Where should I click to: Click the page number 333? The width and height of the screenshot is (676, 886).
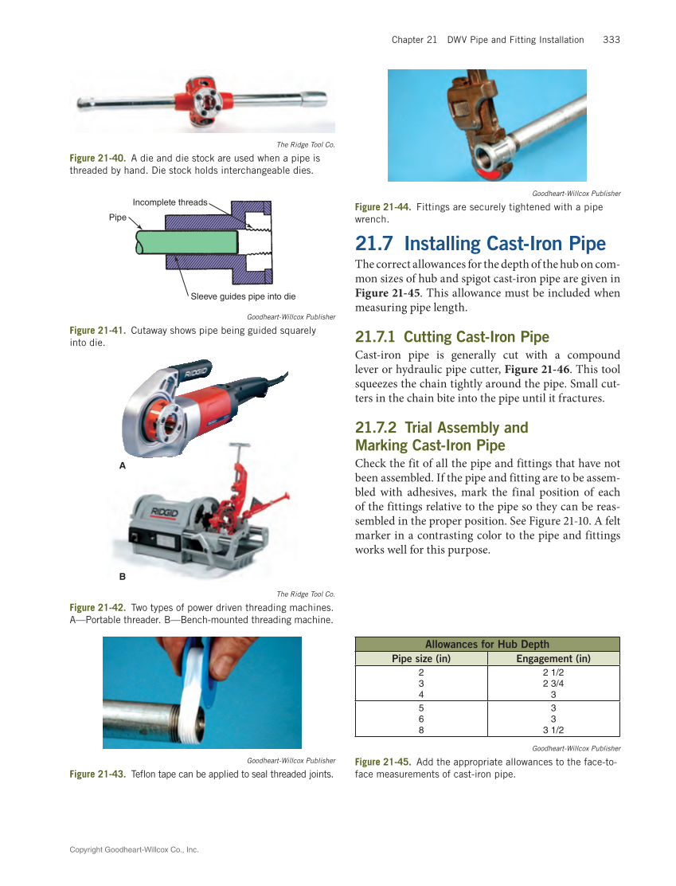click(x=612, y=40)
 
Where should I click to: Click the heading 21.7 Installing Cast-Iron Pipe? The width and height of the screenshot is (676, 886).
click(x=480, y=244)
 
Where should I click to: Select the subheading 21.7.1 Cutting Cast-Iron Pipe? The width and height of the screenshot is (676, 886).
click(x=452, y=336)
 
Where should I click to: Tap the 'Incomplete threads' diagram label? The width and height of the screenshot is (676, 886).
click(x=170, y=202)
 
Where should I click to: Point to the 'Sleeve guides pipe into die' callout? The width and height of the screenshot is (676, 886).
click(x=243, y=296)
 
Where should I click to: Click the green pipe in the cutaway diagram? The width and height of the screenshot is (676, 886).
click(x=191, y=242)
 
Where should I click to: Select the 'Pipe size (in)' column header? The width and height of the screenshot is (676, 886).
click(x=421, y=659)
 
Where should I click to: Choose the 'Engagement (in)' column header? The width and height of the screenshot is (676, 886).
click(x=553, y=659)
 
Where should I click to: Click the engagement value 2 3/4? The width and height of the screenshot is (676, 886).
click(x=553, y=684)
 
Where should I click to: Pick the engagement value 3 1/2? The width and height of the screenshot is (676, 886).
click(x=553, y=729)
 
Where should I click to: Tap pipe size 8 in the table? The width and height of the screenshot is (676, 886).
click(x=421, y=729)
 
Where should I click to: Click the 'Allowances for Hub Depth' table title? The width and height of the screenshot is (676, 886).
click(x=487, y=645)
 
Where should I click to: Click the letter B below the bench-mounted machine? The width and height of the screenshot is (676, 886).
click(x=123, y=574)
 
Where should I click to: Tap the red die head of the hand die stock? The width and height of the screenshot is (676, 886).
click(x=203, y=98)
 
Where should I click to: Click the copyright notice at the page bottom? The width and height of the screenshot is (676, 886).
click(x=134, y=850)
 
